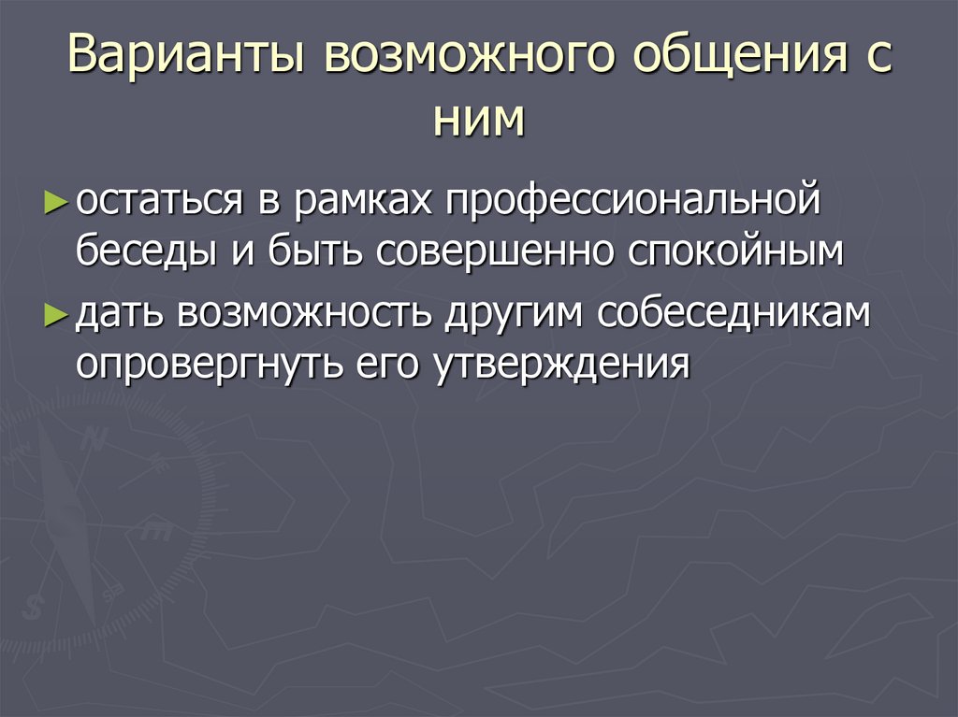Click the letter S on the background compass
click(x=35, y=608)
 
